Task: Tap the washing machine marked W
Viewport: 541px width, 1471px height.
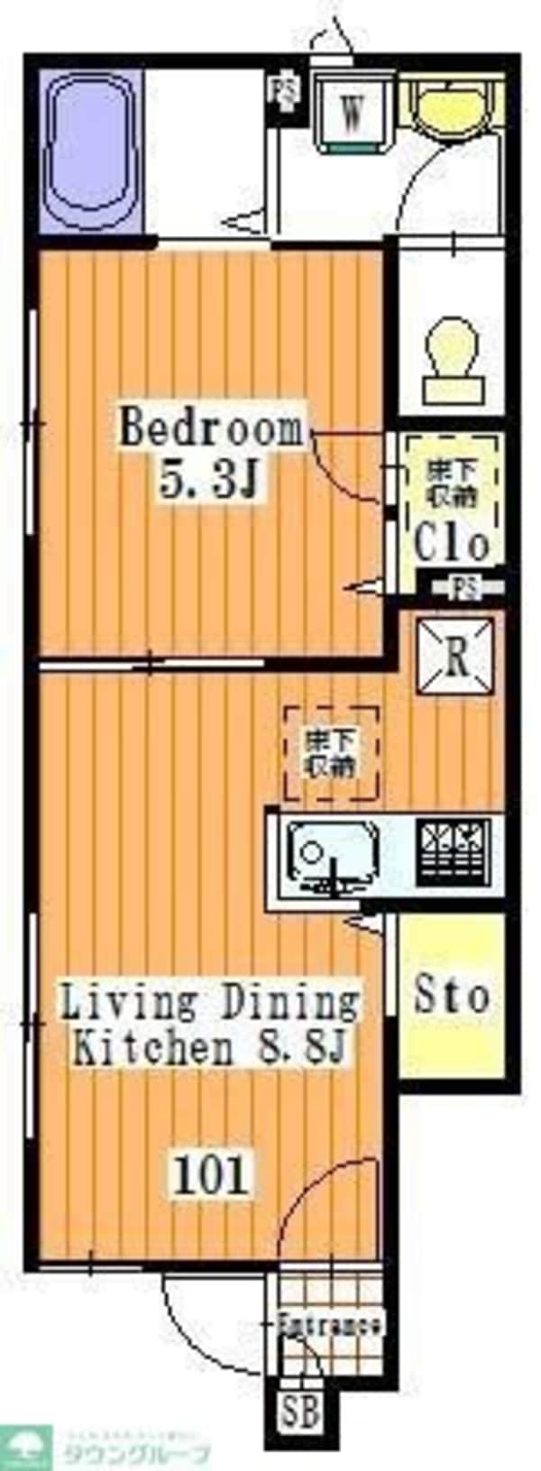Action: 353,114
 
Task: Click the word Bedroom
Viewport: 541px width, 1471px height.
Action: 212,428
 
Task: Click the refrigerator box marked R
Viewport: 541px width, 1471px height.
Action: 456,656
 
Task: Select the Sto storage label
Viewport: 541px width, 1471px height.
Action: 452,995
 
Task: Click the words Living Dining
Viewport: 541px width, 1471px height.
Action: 209,1002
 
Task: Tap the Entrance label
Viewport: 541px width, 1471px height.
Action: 330,1325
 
